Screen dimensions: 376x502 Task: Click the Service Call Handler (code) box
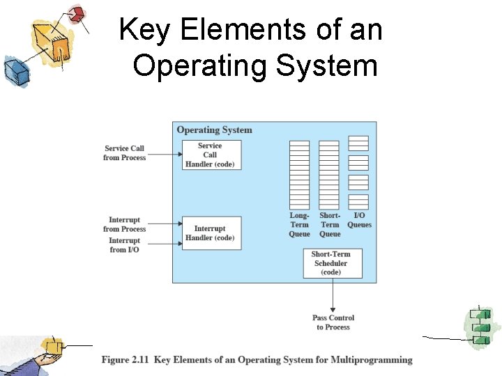coord(211,155)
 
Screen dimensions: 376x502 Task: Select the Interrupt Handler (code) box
coord(211,233)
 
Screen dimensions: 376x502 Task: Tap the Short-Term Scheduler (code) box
coord(332,263)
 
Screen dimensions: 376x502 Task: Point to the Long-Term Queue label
coord(299,225)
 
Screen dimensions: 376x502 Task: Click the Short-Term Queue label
coord(330,225)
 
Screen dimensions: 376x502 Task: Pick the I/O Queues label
coord(359,220)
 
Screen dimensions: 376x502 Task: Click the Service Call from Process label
coord(124,153)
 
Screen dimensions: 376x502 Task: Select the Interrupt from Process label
coord(124,224)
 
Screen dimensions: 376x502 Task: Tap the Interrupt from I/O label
coord(124,245)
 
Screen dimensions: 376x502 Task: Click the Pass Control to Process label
coord(333,322)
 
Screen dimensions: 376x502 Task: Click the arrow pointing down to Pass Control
coord(333,295)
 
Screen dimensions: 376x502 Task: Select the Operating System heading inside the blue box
coord(214,130)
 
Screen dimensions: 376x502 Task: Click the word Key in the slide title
coord(144,31)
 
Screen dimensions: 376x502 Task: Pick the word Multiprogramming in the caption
coord(376,360)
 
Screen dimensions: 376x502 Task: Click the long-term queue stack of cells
coord(299,175)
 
